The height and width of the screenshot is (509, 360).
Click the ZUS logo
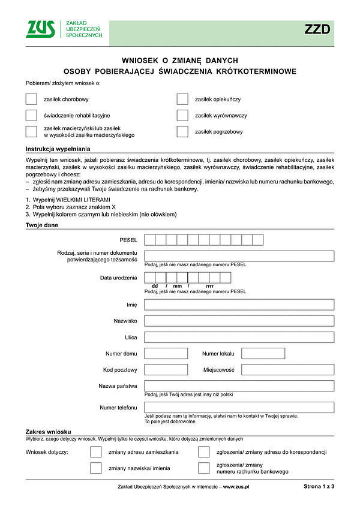click(40, 29)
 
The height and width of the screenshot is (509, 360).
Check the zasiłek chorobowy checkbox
click(31, 99)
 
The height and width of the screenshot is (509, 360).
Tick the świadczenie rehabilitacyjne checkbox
click(31, 115)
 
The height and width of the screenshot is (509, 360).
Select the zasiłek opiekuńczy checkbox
click(182, 99)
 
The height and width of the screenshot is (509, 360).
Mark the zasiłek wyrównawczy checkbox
click(182, 115)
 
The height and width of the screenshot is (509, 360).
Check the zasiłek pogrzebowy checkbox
click(182, 131)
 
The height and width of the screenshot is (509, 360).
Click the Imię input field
click(239, 305)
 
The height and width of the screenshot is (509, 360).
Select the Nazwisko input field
click(239, 321)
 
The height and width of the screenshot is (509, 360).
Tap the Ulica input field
click(239, 337)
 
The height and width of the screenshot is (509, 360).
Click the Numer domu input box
click(166, 353)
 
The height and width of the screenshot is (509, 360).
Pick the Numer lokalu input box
click(263, 353)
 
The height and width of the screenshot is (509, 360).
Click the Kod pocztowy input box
click(166, 369)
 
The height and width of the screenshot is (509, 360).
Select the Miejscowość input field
click(287, 369)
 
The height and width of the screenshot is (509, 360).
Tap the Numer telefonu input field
click(239, 408)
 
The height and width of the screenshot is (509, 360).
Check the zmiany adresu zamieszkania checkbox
click(95, 451)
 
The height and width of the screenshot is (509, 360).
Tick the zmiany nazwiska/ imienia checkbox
click(95, 468)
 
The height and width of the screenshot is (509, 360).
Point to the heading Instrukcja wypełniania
click(58, 148)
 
